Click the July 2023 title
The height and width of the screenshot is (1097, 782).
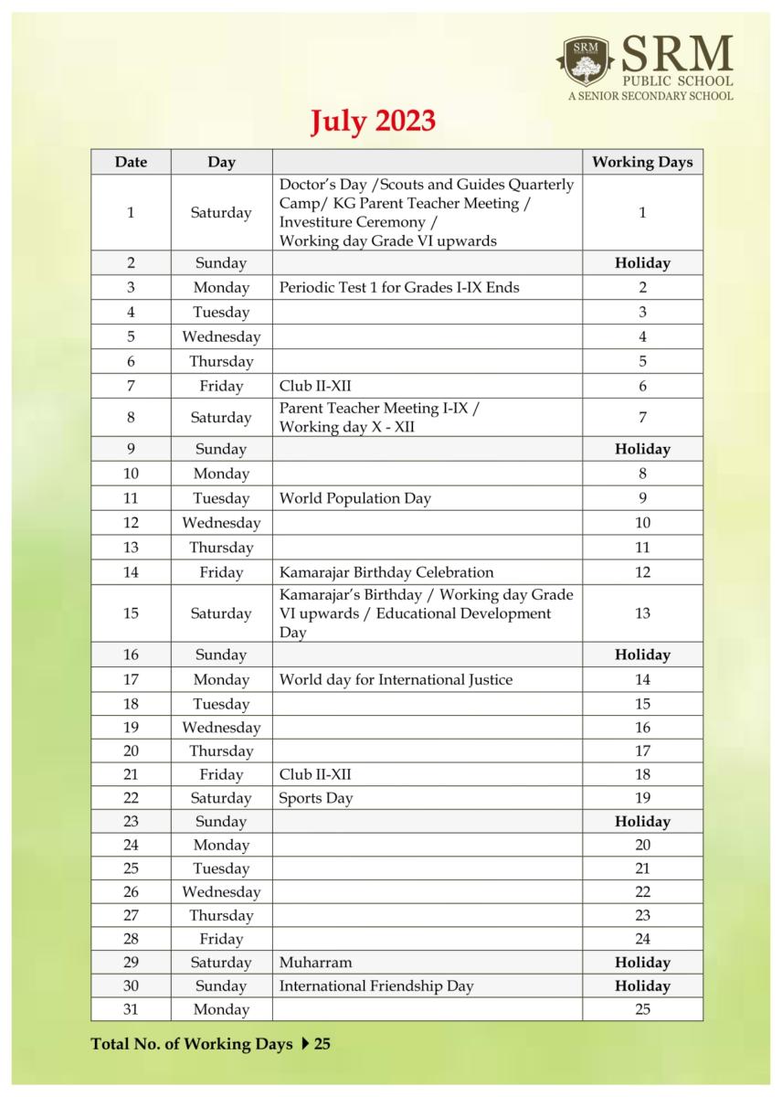pos(372,122)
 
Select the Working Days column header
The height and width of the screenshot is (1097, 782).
pos(642,162)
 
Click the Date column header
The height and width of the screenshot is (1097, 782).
pos(131,162)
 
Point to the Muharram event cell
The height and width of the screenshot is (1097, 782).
pos(315,963)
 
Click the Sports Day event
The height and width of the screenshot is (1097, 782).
pos(315,798)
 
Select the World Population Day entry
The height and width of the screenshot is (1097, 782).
pos(354,498)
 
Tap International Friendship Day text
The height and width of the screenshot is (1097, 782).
pos(375,986)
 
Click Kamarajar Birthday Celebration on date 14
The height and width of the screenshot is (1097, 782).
pos(386,572)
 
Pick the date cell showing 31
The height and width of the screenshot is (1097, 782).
pos(131,1009)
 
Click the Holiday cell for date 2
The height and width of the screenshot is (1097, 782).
pos(642,263)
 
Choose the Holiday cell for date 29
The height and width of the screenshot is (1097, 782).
pos(642,963)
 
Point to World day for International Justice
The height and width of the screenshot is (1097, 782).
pos(396,679)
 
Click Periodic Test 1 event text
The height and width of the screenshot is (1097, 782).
pos(398,287)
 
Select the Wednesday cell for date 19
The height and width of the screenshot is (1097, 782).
pos(221,728)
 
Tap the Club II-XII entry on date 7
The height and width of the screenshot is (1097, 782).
pos(314,387)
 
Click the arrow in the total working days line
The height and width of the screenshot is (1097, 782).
pos(304,1044)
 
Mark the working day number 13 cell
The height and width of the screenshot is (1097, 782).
pos(642,613)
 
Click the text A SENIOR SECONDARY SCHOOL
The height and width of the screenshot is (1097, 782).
pos(650,95)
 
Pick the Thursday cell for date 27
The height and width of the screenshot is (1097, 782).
pos(221,915)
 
